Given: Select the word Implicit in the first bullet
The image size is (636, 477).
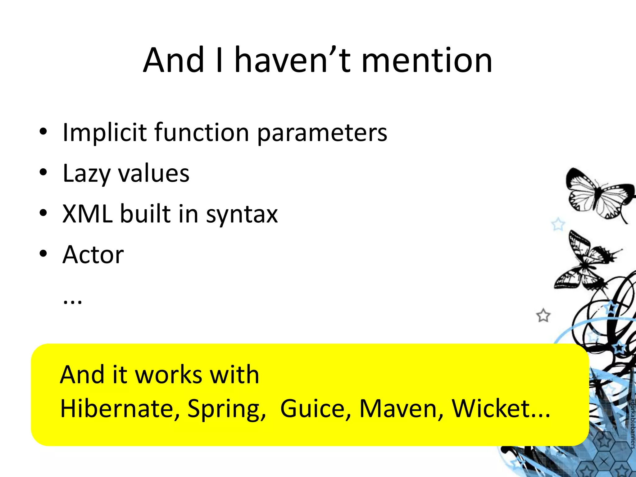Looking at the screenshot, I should [x=104, y=133].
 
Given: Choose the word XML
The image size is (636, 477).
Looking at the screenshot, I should [x=87, y=214].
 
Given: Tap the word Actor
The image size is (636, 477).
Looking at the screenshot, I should [x=93, y=255].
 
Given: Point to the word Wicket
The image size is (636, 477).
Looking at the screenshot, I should [x=491, y=408].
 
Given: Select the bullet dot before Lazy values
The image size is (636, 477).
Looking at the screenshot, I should [x=43, y=172].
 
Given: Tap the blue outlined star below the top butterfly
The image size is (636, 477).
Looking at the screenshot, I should [x=558, y=224].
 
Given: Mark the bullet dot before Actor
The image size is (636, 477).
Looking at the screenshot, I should [x=43, y=254].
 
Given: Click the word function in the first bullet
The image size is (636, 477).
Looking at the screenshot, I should [x=202, y=133].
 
